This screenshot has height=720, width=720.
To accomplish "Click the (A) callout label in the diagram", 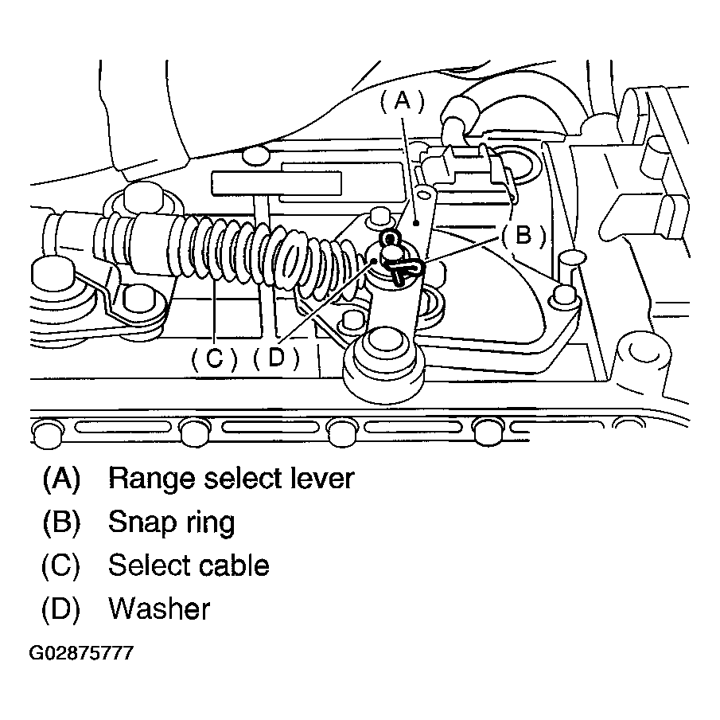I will click(401, 101).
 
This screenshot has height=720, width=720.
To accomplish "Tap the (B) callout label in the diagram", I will click(522, 236).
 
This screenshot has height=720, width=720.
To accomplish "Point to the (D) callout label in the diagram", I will click(276, 359).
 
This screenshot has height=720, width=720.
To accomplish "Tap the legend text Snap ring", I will click(171, 522).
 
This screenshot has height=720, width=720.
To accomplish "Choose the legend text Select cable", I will click(189, 565).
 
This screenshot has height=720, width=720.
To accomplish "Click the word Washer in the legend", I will click(159, 609).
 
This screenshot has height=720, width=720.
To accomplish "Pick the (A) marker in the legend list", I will click(61, 478).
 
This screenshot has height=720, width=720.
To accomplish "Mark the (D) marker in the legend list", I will click(61, 609).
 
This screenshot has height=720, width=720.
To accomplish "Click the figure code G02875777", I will click(81, 654).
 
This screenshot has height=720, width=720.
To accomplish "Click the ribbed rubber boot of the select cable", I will click(263, 251).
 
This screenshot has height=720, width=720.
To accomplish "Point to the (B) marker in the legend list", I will click(61, 522).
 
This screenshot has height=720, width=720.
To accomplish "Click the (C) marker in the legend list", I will click(61, 565).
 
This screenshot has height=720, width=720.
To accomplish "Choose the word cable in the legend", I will click(231, 565).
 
